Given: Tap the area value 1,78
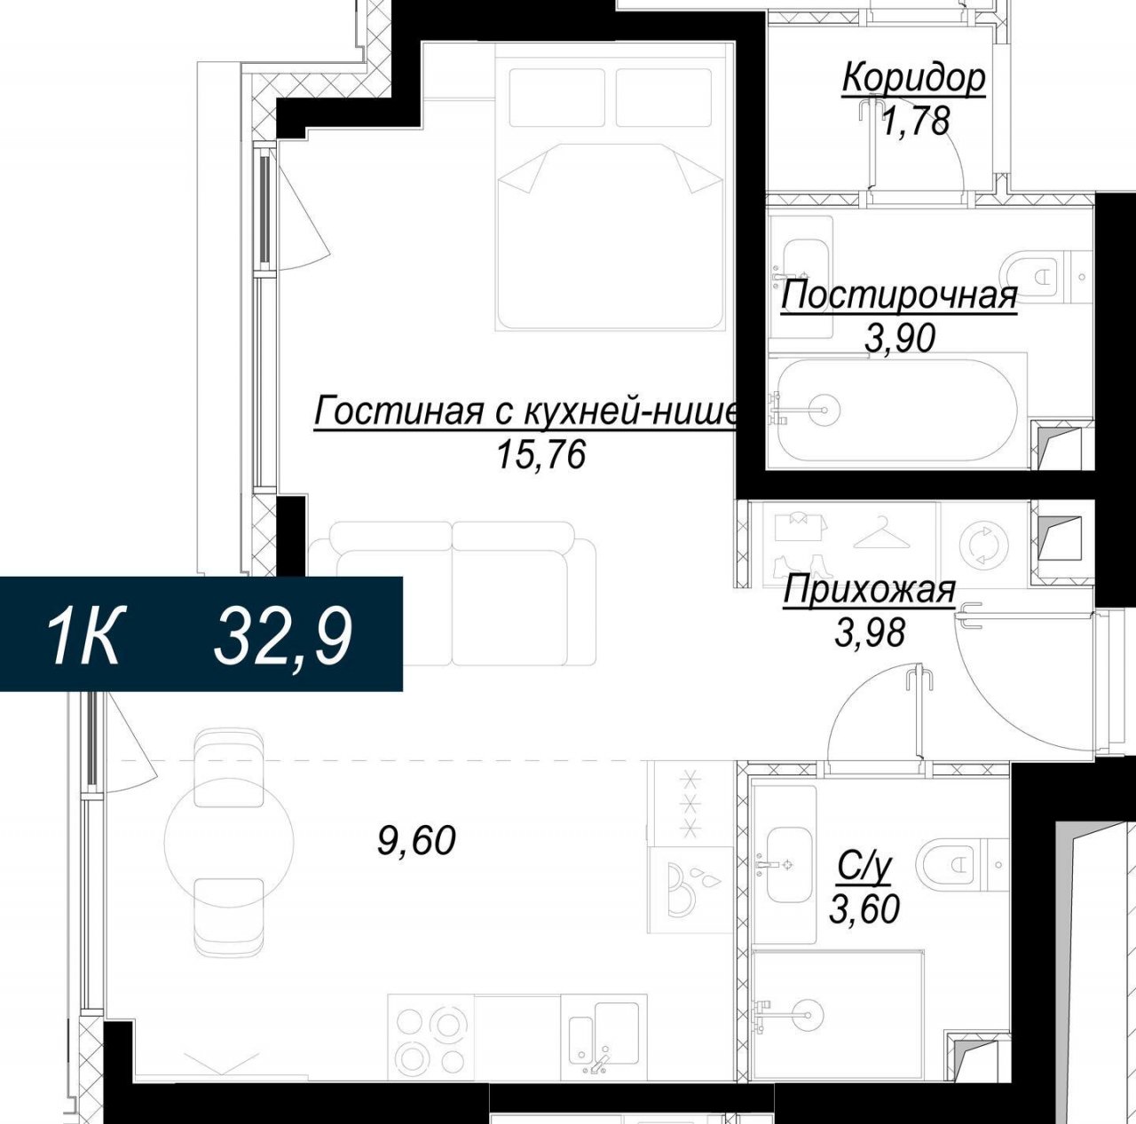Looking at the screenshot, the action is click(x=916, y=122).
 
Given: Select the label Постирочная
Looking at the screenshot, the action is click(x=899, y=296).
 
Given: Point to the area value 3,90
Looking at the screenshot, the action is click(x=900, y=338).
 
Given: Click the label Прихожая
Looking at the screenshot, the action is click(x=869, y=590).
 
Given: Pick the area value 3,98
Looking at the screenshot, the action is click(x=870, y=633).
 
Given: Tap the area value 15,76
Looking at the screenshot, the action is click(x=541, y=455).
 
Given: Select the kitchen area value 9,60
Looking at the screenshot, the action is click(x=416, y=840).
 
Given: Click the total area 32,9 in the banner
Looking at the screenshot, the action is click(x=284, y=636).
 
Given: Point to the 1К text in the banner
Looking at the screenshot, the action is click(x=86, y=636).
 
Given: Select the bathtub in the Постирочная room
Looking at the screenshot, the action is click(x=897, y=410).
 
